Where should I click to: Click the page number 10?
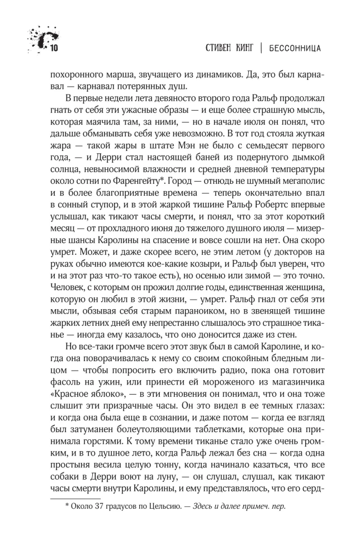[x=55, y=48]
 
